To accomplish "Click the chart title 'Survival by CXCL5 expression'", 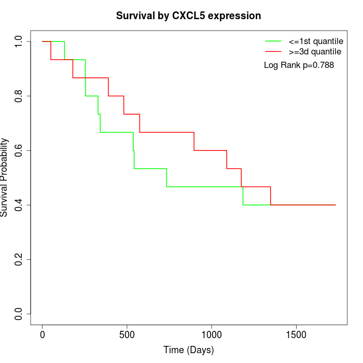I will [x=188, y=16].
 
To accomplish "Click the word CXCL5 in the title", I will [x=188, y=16].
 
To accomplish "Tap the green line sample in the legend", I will [x=273, y=41].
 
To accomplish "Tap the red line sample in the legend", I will [x=273, y=51].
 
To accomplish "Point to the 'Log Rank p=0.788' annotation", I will [x=299, y=65].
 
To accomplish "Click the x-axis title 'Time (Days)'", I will [x=188, y=350].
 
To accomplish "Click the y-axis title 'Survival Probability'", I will [x=5, y=177].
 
